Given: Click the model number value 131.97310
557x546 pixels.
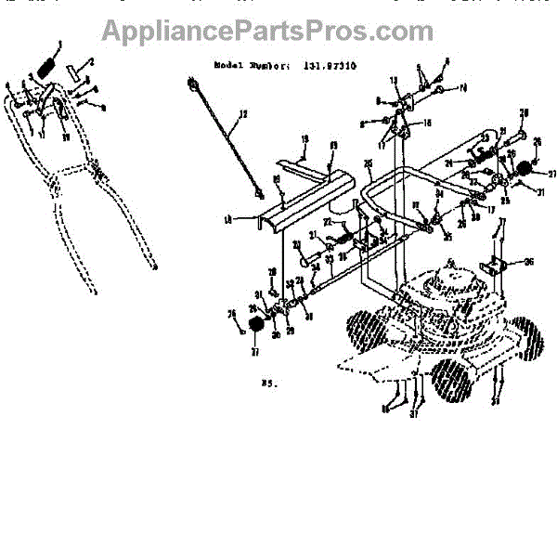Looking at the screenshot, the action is point(334,67).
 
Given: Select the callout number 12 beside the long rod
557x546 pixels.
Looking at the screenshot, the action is point(243,114).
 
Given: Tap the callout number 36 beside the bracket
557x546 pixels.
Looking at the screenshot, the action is point(529,262).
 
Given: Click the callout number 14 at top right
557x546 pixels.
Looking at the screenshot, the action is point(463,88).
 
